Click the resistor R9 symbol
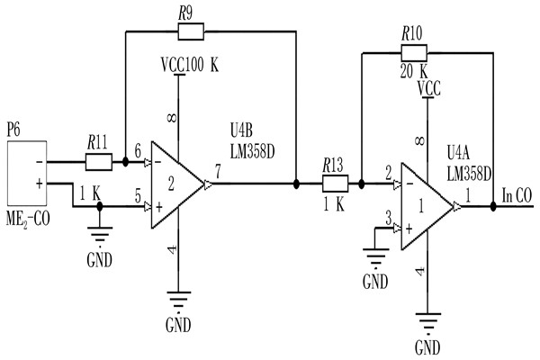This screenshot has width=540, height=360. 191,32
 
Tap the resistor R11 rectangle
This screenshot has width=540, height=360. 97,162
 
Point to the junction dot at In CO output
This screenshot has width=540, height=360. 494,206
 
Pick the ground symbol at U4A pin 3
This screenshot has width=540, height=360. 373,256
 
